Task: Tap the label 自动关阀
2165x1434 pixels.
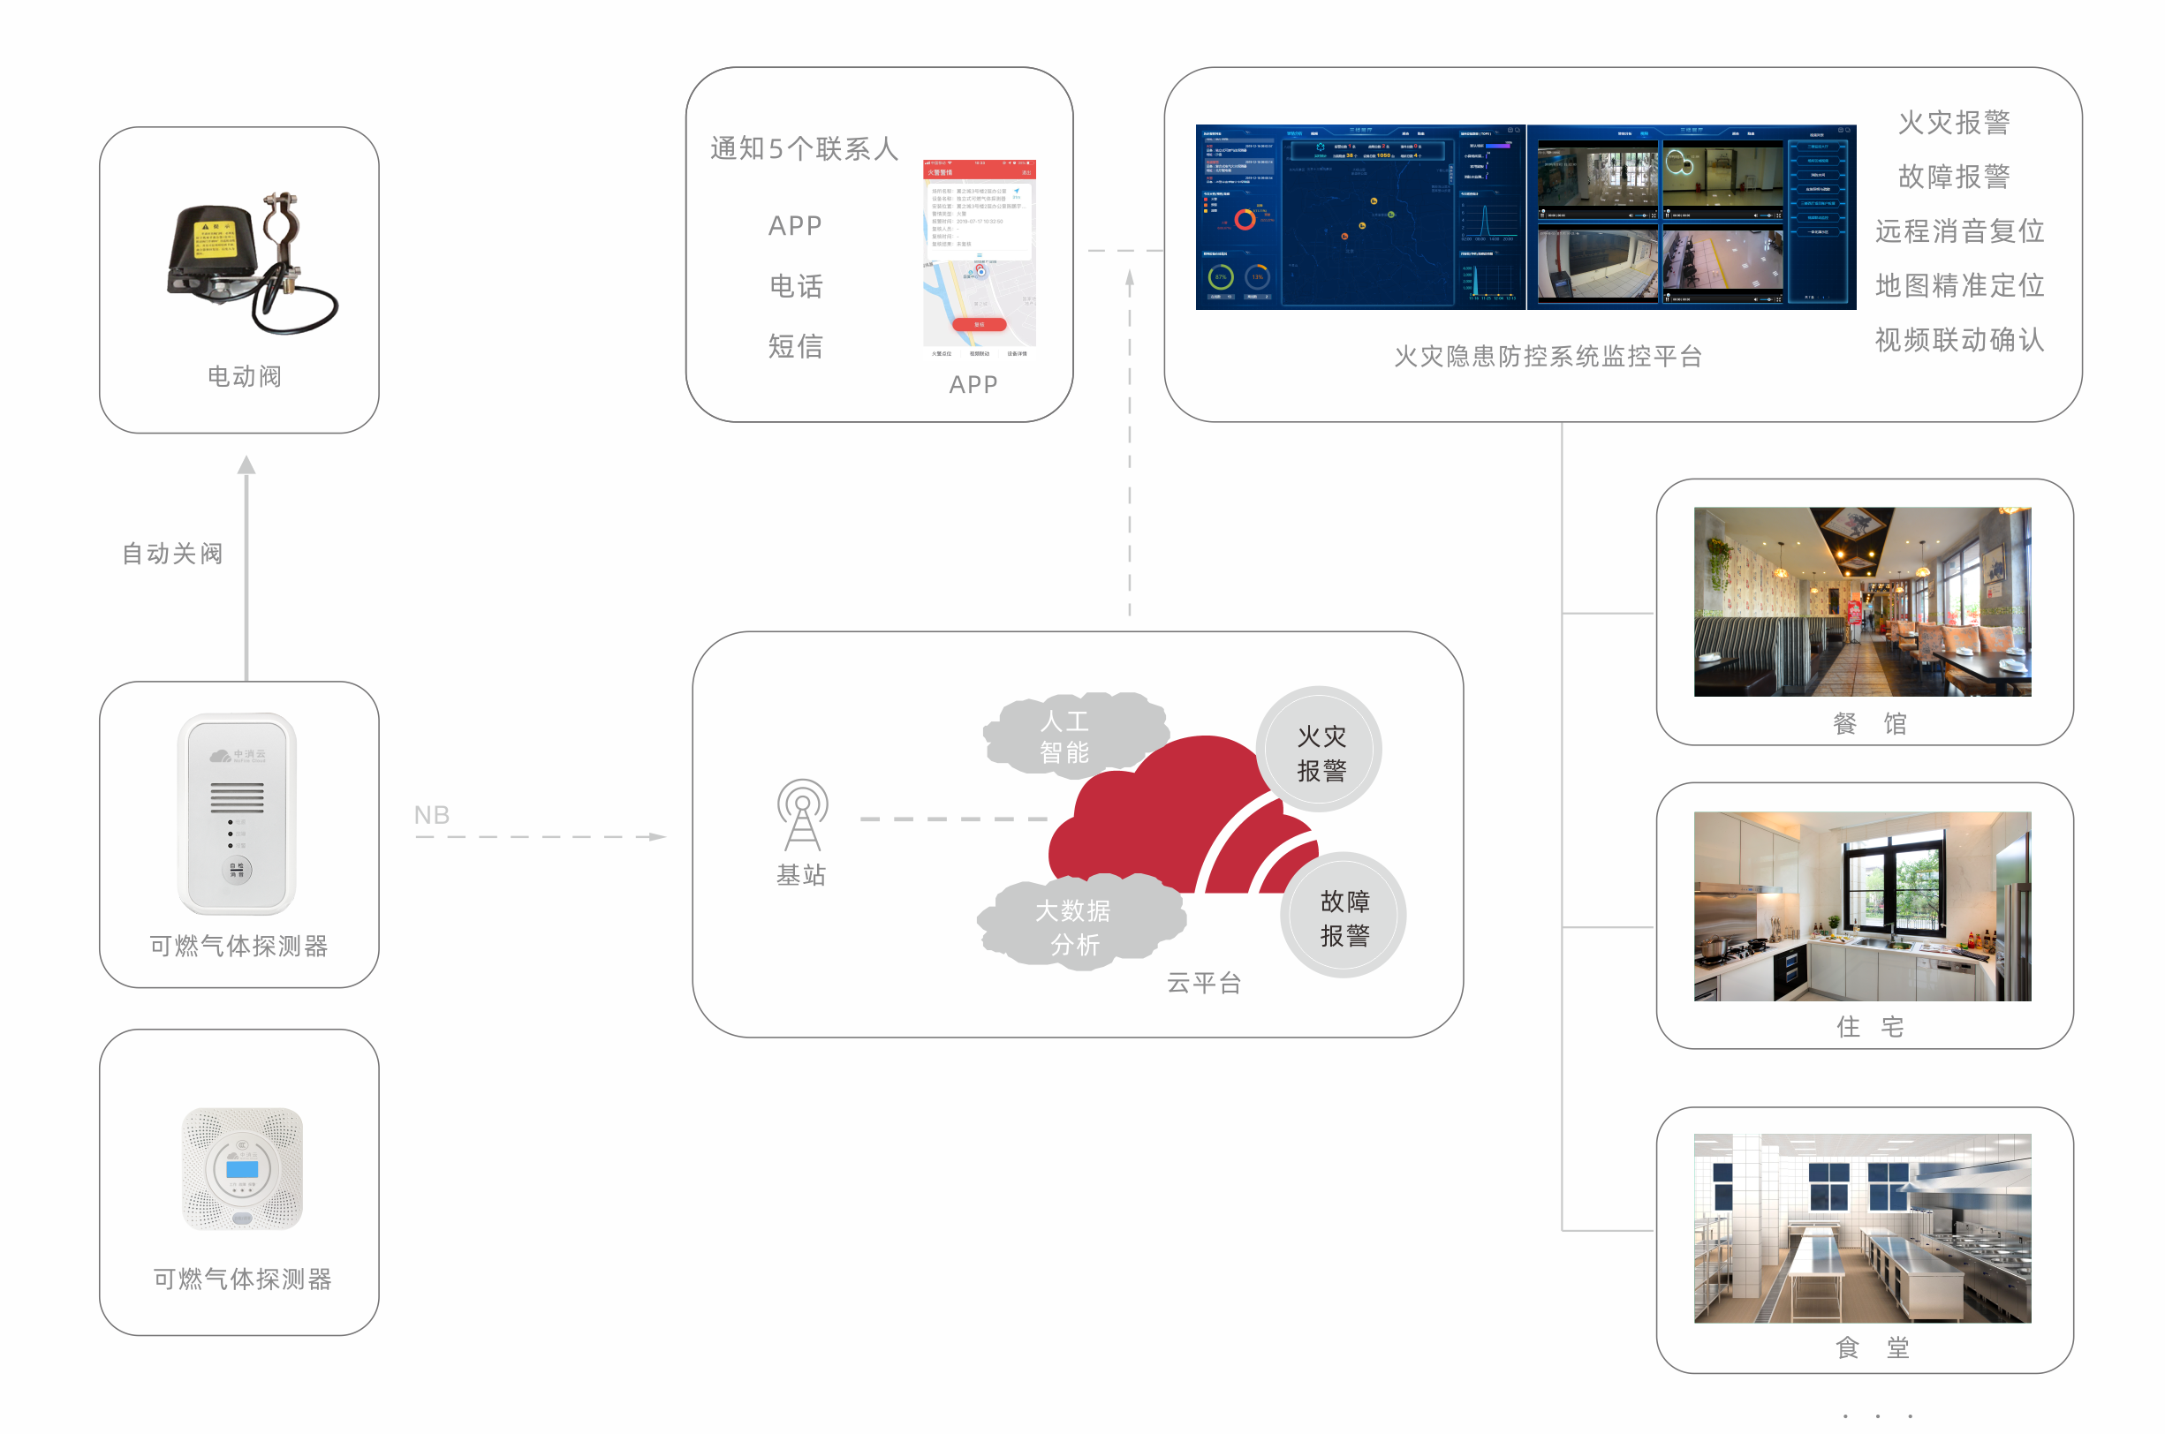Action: click(173, 554)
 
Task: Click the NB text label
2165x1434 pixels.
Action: click(432, 815)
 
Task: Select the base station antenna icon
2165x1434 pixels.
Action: click(802, 815)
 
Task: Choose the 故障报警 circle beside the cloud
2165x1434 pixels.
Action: click(1344, 917)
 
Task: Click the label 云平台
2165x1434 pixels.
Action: click(1205, 983)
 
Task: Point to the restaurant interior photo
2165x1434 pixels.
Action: click(1862, 602)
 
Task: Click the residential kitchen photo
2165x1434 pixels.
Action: click(1862, 906)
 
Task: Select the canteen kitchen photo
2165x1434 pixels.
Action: click(1862, 1228)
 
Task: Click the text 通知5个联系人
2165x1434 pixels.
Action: click(804, 148)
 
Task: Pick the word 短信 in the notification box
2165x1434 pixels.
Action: click(796, 346)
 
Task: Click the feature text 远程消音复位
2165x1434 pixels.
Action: click(1959, 230)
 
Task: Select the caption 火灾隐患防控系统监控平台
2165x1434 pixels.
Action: click(1548, 357)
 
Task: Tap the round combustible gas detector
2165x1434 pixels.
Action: click(242, 1168)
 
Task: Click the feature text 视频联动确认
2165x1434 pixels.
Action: click(1959, 340)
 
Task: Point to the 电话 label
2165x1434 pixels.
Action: click(796, 286)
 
